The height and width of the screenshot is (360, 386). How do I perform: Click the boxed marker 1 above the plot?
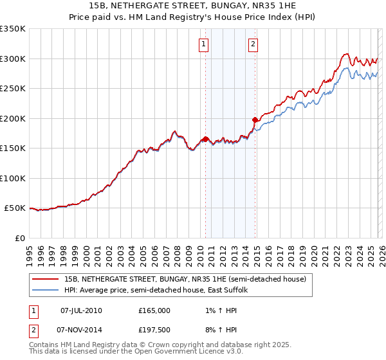pyautogui.click(x=204, y=44)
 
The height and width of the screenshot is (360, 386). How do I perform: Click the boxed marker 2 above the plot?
pyautogui.click(x=253, y=44)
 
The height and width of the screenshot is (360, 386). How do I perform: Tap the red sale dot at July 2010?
pyautogui.click(x=205, y=138)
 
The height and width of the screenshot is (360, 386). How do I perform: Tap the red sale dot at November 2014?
pyautogui.click(x=255, y=119)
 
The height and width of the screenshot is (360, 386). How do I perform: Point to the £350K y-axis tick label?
pyautogui.click(x=13, y=29)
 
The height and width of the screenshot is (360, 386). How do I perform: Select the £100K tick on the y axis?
pyautogui.click(x=13, y=178)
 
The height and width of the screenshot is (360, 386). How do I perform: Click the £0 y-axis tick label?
pyautogui.click(x=21, y=238)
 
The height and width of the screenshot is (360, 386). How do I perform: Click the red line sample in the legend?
pyautogui.click(x=45, y=279)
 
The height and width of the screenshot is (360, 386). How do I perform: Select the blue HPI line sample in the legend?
pyautogui.click(x=45, y=290)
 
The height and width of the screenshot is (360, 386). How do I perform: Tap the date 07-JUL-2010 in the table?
pyautogui.click(x=81, y=310)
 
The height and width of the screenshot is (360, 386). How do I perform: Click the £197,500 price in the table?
pyautogui.click(x=154, y=330)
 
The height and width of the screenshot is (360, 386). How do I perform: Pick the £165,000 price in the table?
pyautogui.click(x=154, y=310)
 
